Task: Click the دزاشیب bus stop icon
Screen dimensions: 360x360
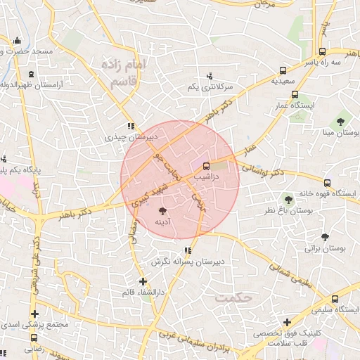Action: (206, 167)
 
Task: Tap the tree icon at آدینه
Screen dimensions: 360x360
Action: (163, 210)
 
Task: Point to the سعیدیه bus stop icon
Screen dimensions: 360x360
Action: (283, 70)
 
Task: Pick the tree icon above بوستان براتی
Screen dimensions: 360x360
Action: (324, 237)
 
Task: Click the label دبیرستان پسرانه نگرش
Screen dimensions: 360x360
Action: (188, 262)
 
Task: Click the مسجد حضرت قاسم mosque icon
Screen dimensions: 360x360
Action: (16, 41)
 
